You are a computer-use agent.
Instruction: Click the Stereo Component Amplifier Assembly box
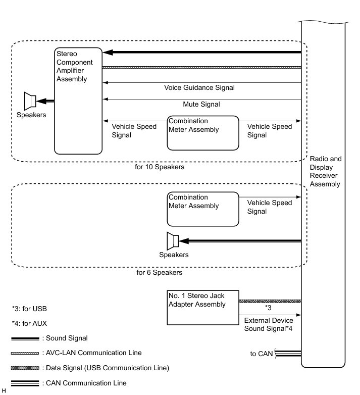coord(78,101)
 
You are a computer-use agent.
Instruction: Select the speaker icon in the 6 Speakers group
coord(173,241)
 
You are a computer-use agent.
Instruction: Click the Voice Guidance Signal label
coord(199,87)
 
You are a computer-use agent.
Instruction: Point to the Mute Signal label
coord(201,104)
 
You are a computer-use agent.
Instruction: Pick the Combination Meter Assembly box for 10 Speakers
coord(202,133)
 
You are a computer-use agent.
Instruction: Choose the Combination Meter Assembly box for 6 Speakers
coord(202,209)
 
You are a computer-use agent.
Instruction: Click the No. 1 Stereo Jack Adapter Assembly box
coord(202,307)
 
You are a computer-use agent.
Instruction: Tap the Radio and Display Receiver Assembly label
coord(325,171)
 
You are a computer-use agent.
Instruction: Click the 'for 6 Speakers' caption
coord(159,272)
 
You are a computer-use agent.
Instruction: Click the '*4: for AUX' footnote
coord(29,322)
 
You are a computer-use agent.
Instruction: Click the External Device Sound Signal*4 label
coord(268,324)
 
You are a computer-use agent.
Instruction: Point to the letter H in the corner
coord(4,391)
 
